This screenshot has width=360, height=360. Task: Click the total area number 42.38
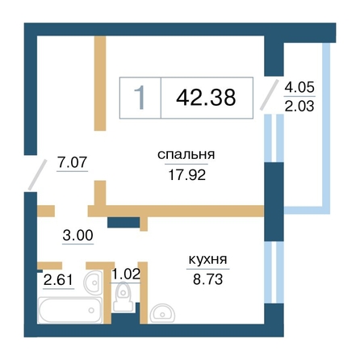pyautogui.click(x=206, y=97)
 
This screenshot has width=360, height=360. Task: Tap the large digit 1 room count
pyautogui.click(x=140, y=98)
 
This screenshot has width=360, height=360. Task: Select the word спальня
pyautogui.click(x=186, y=155)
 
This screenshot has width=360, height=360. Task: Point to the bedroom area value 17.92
pyautogui.click(x=187, y=175)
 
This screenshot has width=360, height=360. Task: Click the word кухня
pyautogui.click(x=208, y=260)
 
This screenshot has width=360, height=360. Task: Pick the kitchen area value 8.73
pyautogui.click(x=207, y=279)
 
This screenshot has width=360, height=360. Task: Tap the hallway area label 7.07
pyautogui.click(x=72, y=162)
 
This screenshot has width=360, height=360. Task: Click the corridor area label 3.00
pyautogui.click(x=77, y=236)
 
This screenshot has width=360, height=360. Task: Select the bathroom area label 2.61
pyautogui.click(x=58, y=280)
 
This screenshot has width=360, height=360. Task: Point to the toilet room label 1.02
pyautogui.click(x=126, y=274)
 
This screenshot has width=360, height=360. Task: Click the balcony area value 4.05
pyautogui.click(x=299, y=87)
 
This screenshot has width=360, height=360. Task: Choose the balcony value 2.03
pyautogui.click(x=299, y=106)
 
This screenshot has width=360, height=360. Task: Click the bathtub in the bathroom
pyautogui.click(x=70, y=310)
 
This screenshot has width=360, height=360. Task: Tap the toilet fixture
pyautogui.click(x=123, y=298)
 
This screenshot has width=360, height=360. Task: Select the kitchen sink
pyautogui.click(x=162, y=313)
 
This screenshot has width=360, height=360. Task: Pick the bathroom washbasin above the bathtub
pyautogui.click(x=93, y=283)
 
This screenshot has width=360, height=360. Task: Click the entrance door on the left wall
pyautogui.click(x=37, y=174)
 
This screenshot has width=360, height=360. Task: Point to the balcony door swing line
pyautogui.click(x=269, y=94)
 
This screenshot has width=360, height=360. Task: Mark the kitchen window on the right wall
pyautogui.click(x=274, y=272)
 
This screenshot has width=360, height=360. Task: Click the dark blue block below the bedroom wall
pyautogui.click(x=123, y=223)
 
